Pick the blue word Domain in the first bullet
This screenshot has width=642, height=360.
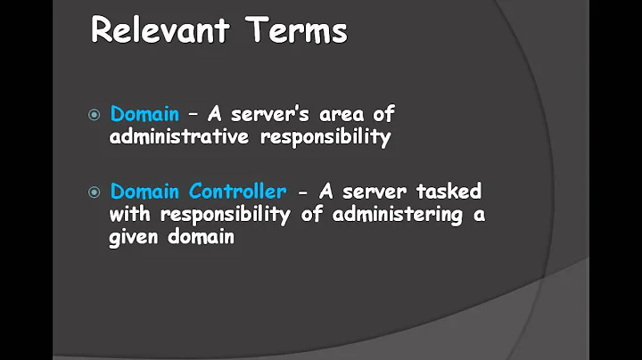pos(144,114)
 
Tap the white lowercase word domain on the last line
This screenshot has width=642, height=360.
pos(202,238)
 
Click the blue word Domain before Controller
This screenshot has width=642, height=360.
pos(144,191)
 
